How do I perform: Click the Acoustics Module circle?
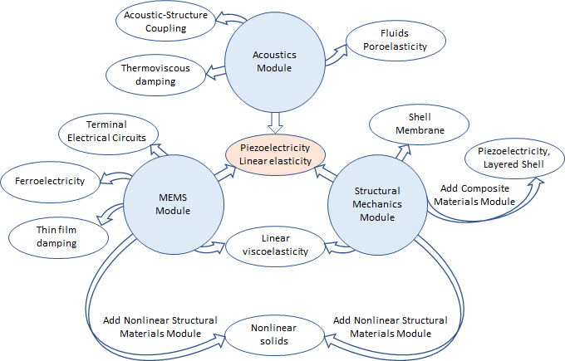[x=273, y=61]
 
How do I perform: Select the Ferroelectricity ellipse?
[x=51, y=179]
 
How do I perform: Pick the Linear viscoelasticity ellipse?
[x=274, y=245]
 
